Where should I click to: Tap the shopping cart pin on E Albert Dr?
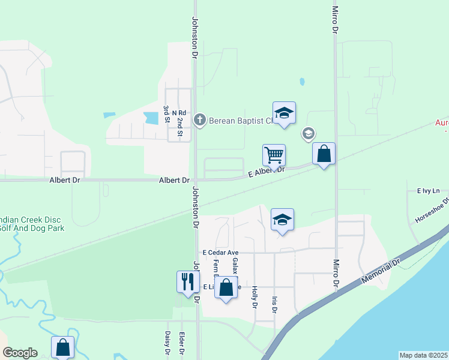[x=274, y=155]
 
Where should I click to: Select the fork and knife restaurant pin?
[x=188, y=281]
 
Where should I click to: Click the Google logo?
[x=20, y=353]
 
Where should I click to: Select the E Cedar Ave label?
[x=221, y=253]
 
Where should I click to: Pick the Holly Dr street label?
[x=255, y=297]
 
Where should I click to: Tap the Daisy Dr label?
[x=167, y=343]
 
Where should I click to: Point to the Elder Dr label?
[x=181, y=343]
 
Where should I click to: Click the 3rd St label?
[x=166, y=113]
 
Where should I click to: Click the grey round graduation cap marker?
[x=308, y=133]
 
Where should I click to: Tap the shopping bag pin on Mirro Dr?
[x=324, y=154]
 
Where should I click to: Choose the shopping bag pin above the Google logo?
[x=63, y=347]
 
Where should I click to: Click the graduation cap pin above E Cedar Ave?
[x=282, y=220]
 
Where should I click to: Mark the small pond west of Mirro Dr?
[x=301, y=81]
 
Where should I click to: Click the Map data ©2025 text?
[x=423, y=355]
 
